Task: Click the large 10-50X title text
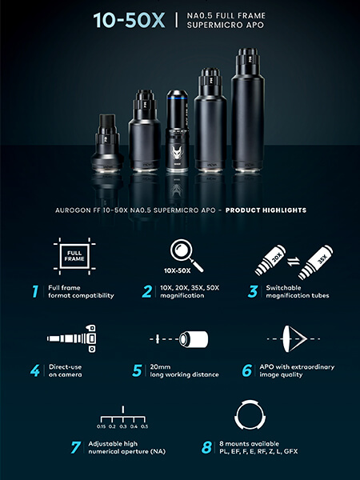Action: [x=129, y=20]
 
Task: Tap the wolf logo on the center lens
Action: [x=177, y=152]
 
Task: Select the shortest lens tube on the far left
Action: [x=107, y=142]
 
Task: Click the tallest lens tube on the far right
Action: [x=248, y=110]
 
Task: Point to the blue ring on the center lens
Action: [x=177, y=98]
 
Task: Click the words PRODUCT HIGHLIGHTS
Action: [x=266, y=210]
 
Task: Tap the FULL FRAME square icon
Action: [x=74, y=256]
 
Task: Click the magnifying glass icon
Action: [x=186, y=255]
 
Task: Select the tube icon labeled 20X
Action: [x=270, y=260]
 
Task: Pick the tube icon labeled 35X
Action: [x=316, y=262]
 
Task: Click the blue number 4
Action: [x=35, y=370]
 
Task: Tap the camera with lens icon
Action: [x=72, y=338]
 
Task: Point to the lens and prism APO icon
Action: [x=293, y=339]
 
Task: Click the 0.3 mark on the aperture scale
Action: [x=122, y=426]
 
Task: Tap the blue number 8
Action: [x=206, y=447]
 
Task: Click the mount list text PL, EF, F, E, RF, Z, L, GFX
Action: [x=258, y=451]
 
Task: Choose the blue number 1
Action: [x=35, y=291]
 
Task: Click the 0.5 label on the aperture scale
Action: [x=145, y=426]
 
